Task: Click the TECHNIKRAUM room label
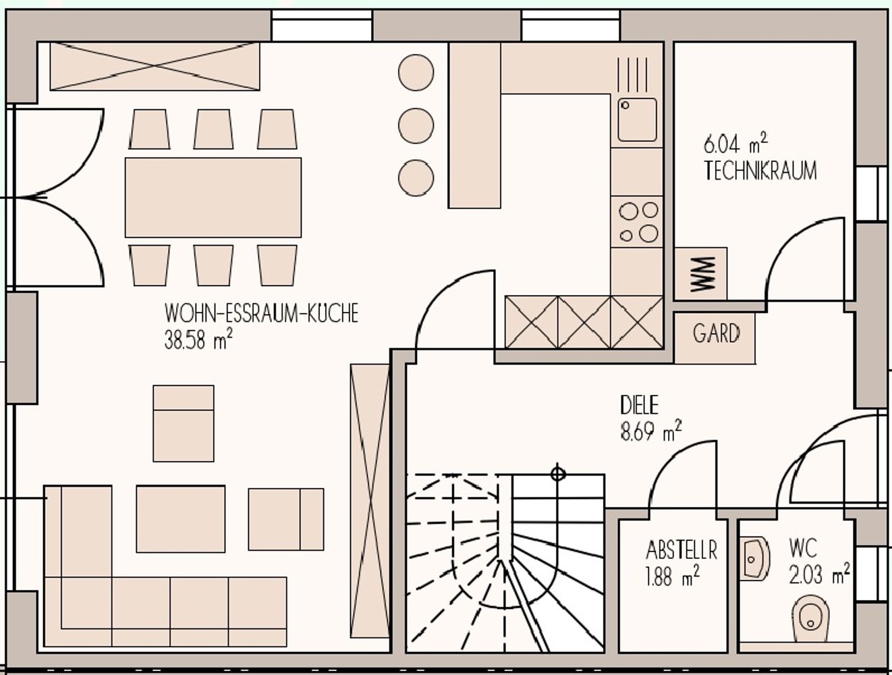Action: click(760, 171)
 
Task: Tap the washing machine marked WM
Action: click(700, 274)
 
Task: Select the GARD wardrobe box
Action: click(715, 337)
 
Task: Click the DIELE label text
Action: click(639, 405)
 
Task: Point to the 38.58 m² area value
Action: click(199, 340)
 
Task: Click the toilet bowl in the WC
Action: click(810, 618)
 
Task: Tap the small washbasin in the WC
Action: click(754, 559)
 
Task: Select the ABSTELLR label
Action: click(681, 550)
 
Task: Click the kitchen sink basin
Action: click(637, 119)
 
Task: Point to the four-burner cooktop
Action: click(637, 222)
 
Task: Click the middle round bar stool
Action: click(416, 126)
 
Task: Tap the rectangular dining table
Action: click(213, 198)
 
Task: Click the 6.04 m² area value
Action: click(735, 144)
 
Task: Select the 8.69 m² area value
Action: click(650, 431)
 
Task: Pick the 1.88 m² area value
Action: click(673, 576)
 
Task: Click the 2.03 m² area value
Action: click(819, 574)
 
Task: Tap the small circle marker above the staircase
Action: click(558, 474)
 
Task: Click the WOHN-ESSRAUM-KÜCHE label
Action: click(261, 313)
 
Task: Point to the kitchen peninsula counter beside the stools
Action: click(474, 125)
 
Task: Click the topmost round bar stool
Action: click(416, 72)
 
